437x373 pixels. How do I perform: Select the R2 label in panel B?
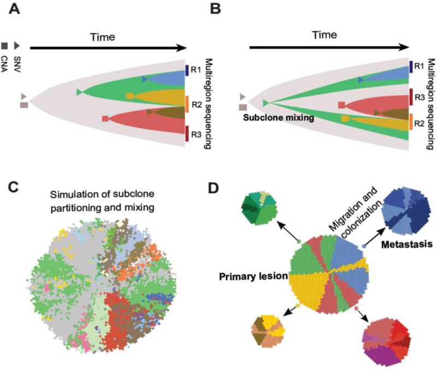tap(419, 123)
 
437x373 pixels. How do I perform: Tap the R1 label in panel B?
tap(419, 67)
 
